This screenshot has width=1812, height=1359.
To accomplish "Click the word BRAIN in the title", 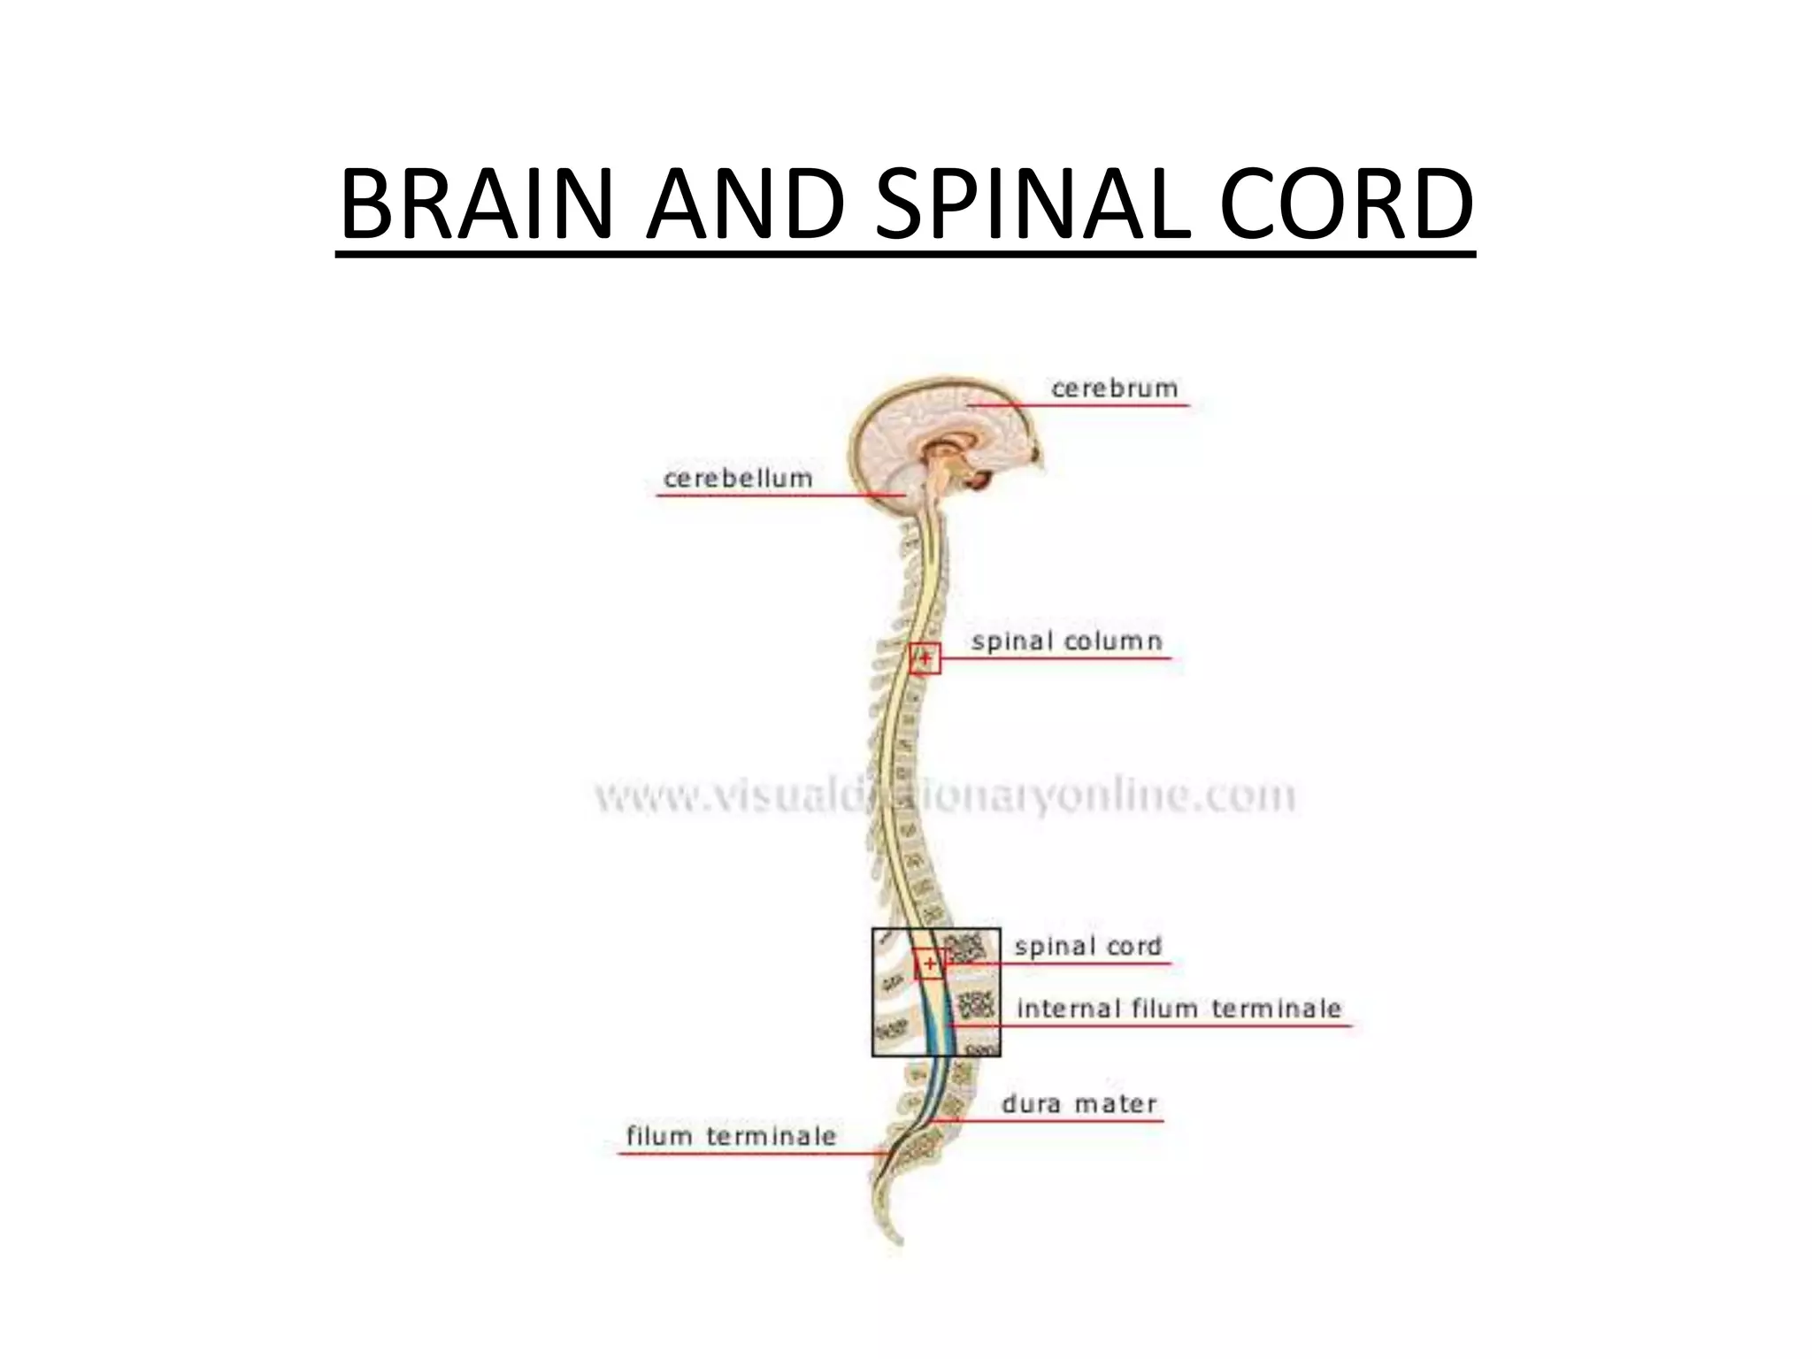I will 476,204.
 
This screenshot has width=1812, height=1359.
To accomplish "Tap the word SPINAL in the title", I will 1033,204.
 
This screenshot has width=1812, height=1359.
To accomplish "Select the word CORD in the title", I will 1346,204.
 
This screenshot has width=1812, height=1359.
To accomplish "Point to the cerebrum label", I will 1114,388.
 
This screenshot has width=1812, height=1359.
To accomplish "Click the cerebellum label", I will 738,479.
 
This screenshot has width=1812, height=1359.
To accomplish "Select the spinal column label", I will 1066,641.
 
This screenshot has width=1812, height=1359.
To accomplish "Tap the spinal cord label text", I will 1087,947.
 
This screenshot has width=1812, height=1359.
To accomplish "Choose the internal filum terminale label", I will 1179,1009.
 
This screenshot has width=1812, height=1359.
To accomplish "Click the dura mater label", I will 1079,1104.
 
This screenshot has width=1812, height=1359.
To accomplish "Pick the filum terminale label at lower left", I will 731,1136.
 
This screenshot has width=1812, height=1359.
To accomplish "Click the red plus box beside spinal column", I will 925,658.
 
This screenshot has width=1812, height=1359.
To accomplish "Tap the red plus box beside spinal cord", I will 929,964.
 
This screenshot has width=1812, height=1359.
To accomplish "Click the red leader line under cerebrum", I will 1079,405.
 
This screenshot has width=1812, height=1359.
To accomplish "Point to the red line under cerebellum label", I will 779,495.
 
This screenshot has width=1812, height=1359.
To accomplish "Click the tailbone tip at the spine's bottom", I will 897,1239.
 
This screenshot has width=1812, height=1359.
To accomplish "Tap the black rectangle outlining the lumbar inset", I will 873,991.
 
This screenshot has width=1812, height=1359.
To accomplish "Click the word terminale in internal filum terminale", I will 1276,1009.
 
